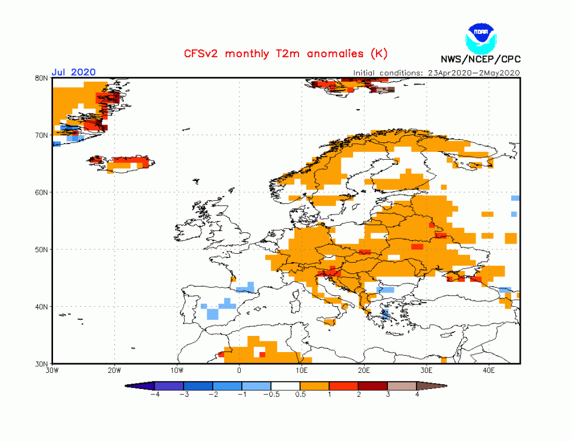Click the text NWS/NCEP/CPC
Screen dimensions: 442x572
click(480, 59)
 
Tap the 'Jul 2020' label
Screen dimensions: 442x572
click(73, 72)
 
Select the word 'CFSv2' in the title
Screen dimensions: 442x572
click(201, 54)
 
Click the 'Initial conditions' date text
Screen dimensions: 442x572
click(437, 73)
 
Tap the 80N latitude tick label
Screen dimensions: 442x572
click(42, 78)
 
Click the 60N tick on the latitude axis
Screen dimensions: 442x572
click(42, 192)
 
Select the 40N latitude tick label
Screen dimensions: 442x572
click(42, 307)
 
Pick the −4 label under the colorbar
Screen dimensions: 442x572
click(154, 394)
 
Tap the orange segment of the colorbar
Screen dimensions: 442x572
click(315, 386)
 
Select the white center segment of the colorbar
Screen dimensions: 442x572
click(286, 386)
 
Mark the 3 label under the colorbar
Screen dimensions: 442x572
click(388, 394)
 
